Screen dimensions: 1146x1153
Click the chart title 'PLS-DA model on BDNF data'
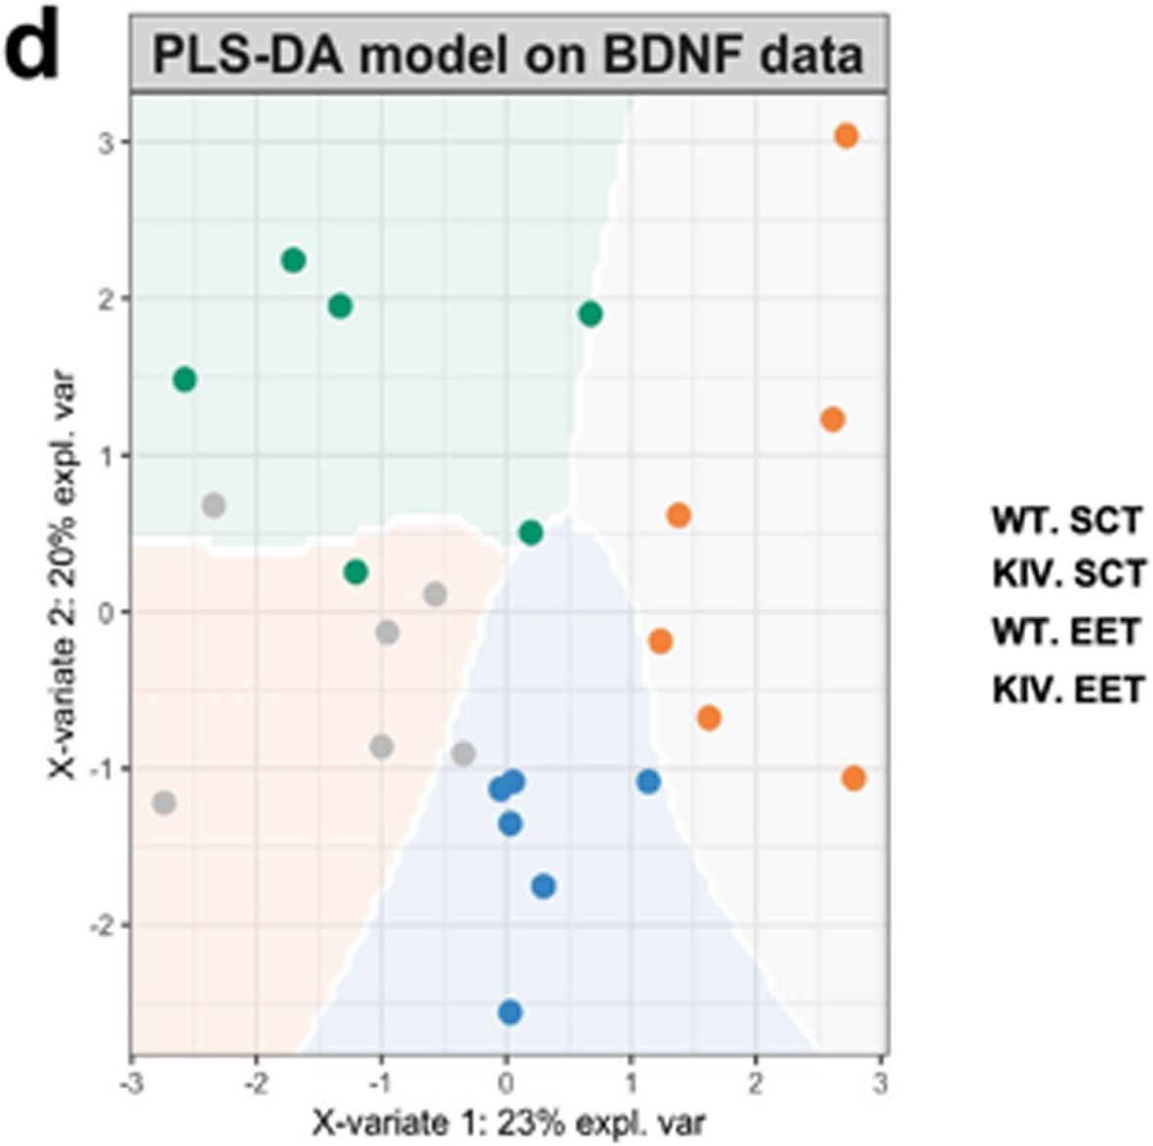click(x=508, y=56)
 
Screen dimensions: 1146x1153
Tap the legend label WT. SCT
click(x=1066, y=521)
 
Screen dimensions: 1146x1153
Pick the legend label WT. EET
click(x=1066, y=633)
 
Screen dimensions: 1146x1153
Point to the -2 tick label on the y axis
click(x=102, y=925)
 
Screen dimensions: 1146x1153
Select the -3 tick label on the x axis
click(x=131, y=1083)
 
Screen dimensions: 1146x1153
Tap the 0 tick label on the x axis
click(x=506, y=1083)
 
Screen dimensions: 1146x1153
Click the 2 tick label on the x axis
click(x=756, y=1083)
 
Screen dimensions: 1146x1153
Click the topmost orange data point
click(x=846, y=136)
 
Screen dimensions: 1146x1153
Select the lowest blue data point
click(x=510, y=1012)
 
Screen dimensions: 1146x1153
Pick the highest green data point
click(x=293, y=260)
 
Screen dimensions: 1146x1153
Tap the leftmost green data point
click(x=185, y=380)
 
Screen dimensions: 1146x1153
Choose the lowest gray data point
click(x=164, y=803)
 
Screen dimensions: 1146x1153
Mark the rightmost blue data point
click(x=648, y=781)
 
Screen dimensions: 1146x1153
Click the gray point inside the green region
click(x=214, y=506)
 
